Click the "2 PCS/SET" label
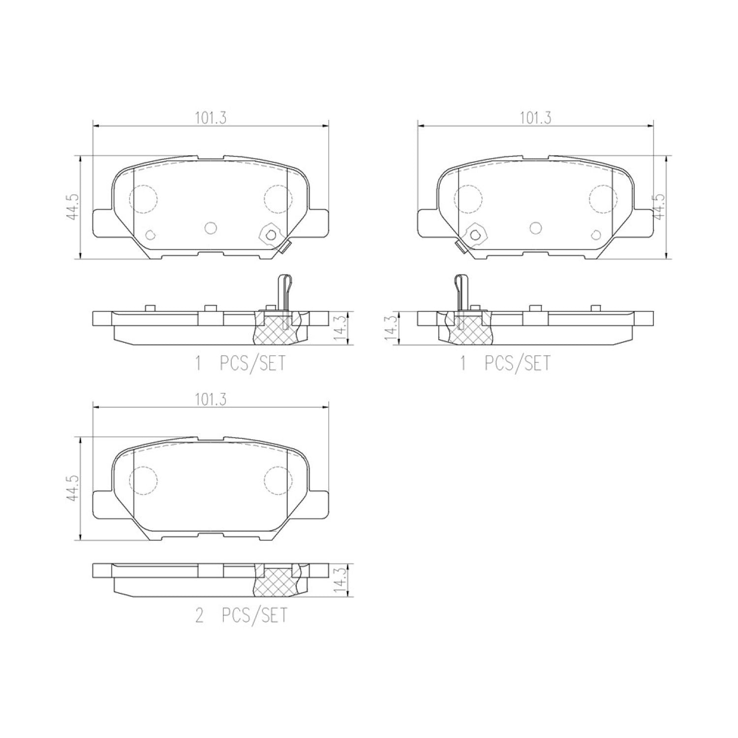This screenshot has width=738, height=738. click(241, 616)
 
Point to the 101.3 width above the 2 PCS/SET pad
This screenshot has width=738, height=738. click(211, 400)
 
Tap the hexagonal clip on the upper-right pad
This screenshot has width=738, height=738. click(475, 234)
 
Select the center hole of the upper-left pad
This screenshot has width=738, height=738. click(211, 227)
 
